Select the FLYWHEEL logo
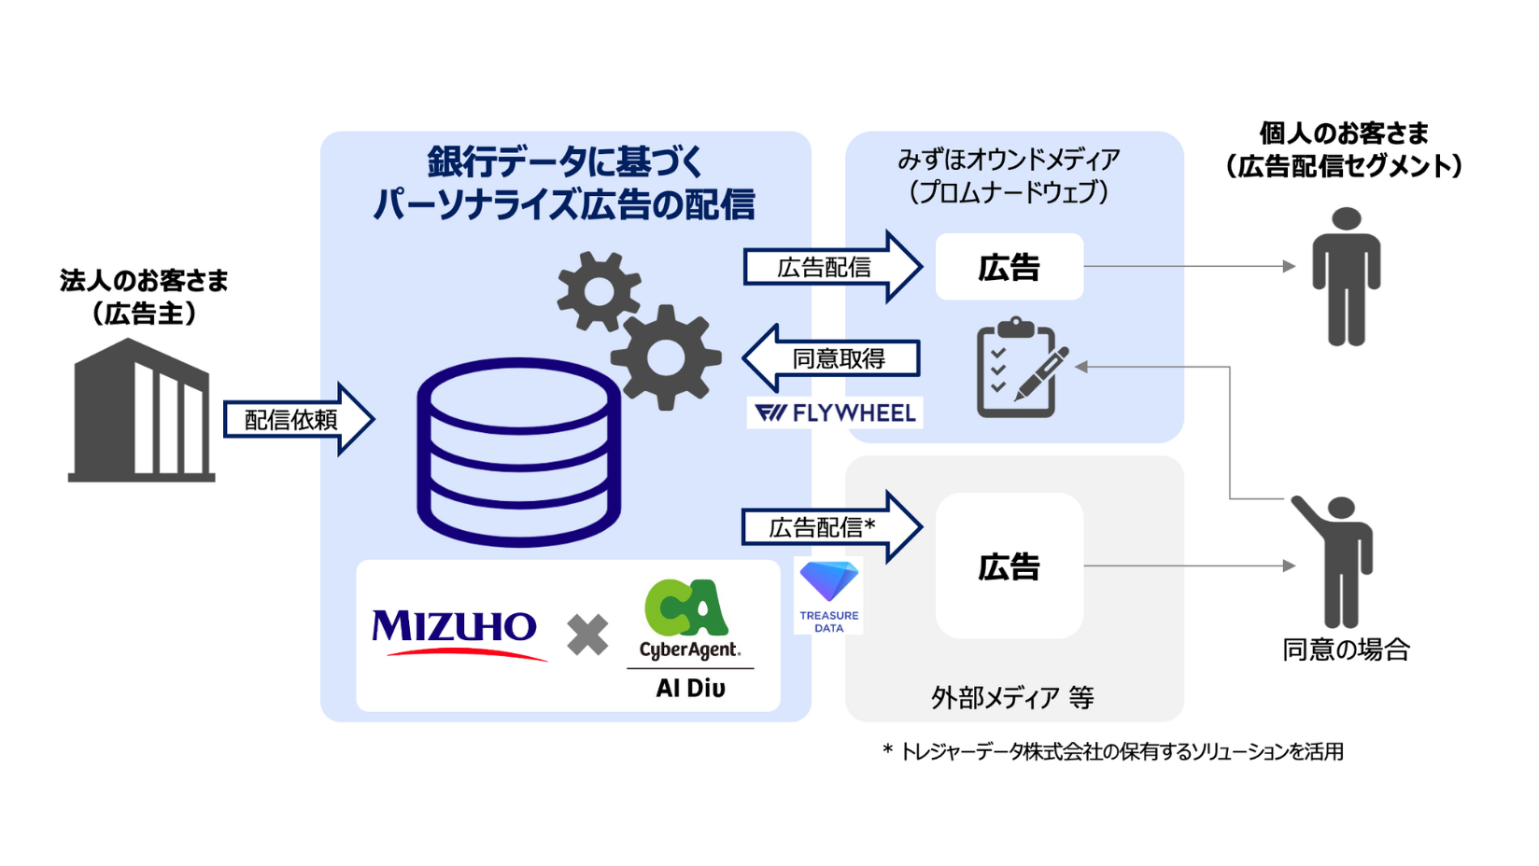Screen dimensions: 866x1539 (x=835, y=412)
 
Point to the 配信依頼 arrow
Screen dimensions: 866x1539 (x=297, y=420)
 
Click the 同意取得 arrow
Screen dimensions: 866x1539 (x=834, y=358)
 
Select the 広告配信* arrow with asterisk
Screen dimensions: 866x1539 (x=830, y=527)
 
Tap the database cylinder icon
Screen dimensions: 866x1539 (x=518, y=452)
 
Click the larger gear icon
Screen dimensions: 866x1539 (x=666, y=357)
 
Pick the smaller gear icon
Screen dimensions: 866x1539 (x=599, y=291)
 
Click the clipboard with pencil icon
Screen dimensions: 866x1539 (x=1019, y=369)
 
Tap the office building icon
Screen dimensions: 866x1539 (x=142, y=412)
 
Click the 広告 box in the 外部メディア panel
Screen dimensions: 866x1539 (x=1010, y=566)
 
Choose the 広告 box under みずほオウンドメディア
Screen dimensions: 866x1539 (x=1010, y=267)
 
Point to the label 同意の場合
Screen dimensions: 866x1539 (x=1346, y=649)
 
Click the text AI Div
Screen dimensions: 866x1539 (x=690, y=689)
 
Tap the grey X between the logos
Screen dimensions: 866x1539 (x=587, y=636)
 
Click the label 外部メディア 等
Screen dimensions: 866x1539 (x=1012, y=697)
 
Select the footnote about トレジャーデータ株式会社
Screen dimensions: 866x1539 (x=1112, y=751)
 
